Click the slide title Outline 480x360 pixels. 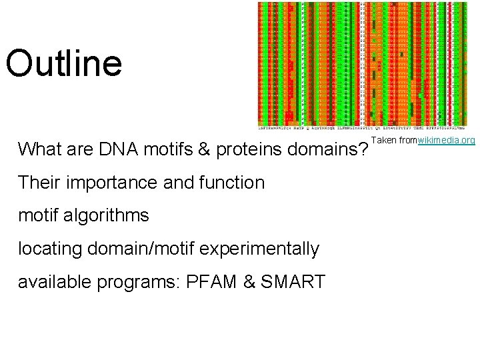click(x=64, y=63)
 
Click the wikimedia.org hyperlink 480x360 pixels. click(x=446, y=141)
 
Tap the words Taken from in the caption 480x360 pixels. click(x=393, y=141)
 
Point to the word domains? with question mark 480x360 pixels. click(x=327, y=149)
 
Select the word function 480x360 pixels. click(x=231, y=183)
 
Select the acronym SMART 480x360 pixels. click(x=293, y=283)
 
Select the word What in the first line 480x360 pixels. click(x=40, y=149)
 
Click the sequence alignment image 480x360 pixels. click(x=363, y=65)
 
